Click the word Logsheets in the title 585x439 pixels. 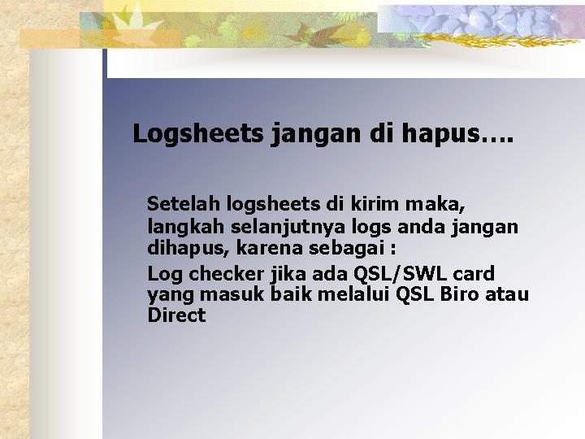point(198,133)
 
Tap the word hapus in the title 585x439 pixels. point(441,133)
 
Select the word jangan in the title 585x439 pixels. point(315,134)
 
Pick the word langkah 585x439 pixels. point(185,227)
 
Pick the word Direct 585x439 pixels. point(176,315)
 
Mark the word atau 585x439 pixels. point(507,295)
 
